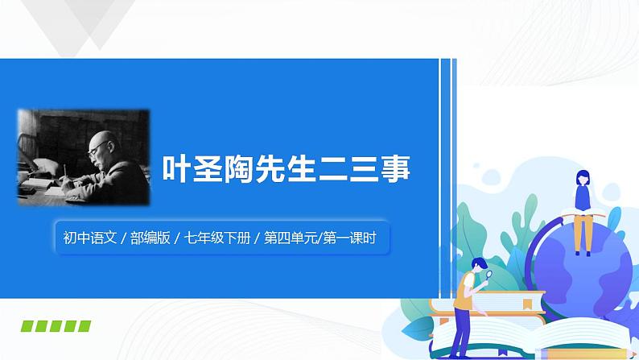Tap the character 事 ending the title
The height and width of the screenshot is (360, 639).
coord(395,171)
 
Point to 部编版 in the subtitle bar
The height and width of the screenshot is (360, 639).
coord(153,238)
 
